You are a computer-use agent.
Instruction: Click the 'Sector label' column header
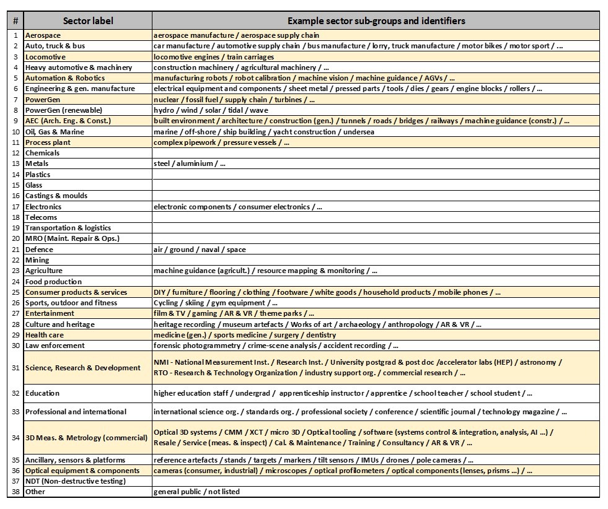tap(87, 21)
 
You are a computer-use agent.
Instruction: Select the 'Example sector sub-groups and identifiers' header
tap(376, 21)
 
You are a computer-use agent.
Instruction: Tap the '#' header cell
tap(15, 21)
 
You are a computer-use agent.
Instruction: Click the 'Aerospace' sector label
tap(43, 35)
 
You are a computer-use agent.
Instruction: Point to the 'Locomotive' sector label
tap(45, 57)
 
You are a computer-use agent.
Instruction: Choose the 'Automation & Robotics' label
tap(65, 78)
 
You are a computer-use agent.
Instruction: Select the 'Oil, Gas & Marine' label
tap(55, 132)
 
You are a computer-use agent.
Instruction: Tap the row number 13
tap(15, 163)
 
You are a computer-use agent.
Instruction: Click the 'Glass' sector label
tap(34, 185)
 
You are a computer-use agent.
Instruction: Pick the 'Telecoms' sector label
tap(41, 217)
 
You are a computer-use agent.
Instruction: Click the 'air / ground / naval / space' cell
tap(200, 250)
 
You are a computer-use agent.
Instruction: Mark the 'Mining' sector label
tap(37, 260)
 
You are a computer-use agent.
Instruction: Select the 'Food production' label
tap(53, 282)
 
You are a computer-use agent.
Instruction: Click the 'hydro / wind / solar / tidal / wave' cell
tap(211, 110)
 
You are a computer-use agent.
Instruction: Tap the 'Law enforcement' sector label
tap(55, 346)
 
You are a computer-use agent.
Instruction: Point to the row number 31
tap(15, 368)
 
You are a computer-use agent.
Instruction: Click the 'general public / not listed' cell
tap(196, 492)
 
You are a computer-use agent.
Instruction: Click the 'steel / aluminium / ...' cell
tap(190, 163)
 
